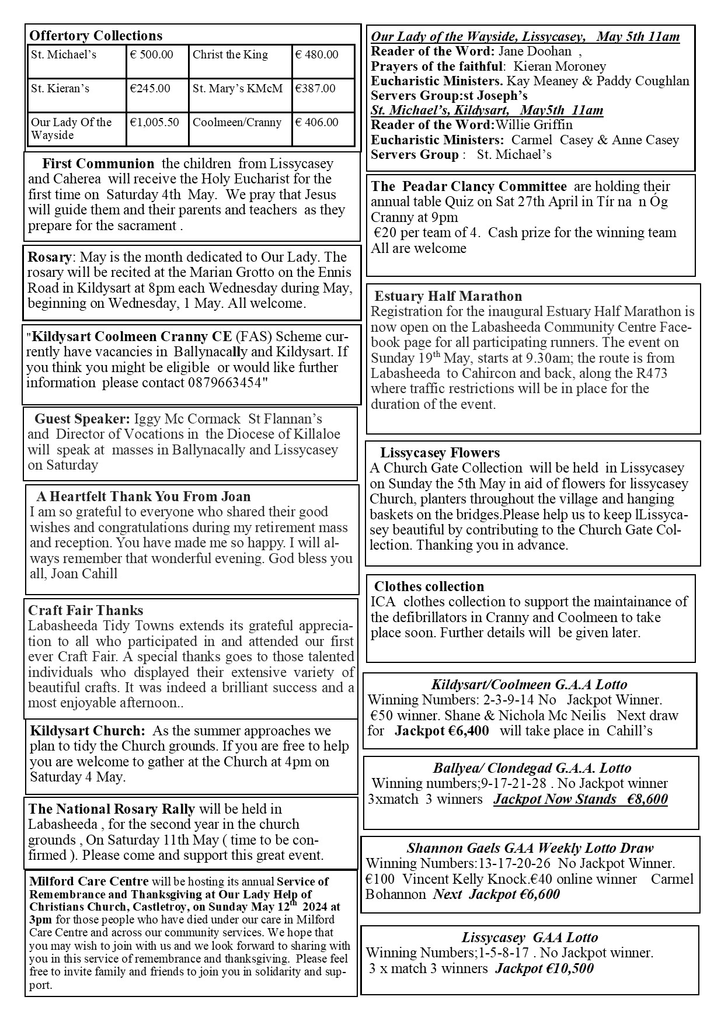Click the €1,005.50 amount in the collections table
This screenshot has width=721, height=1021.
click(x=154, y=122)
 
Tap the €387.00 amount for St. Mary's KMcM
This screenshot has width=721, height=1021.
click(x=315, y=89)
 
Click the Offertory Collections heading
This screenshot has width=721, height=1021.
click(x=96, y=36)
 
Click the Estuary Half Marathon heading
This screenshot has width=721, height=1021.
click(x=448, y=296)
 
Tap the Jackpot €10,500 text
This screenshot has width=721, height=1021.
click(x=544, y=968)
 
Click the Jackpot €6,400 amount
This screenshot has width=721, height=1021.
click(x=442, y=731)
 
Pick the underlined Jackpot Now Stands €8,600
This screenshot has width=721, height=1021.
click(x=580, y=799)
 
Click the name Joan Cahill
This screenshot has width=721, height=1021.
click(x=84, y=574)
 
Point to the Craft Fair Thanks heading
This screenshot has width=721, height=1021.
click(x=86, y=610)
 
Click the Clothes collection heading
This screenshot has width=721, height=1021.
click(x=429, y=586)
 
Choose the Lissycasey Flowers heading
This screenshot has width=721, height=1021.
click(x=440, y=453)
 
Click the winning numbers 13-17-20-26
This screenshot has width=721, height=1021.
click(x=516, y=863)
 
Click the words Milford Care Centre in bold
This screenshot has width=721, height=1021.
click(x=89, y=881)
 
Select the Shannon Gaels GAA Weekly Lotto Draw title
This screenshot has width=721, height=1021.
click(x=530, y=848)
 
